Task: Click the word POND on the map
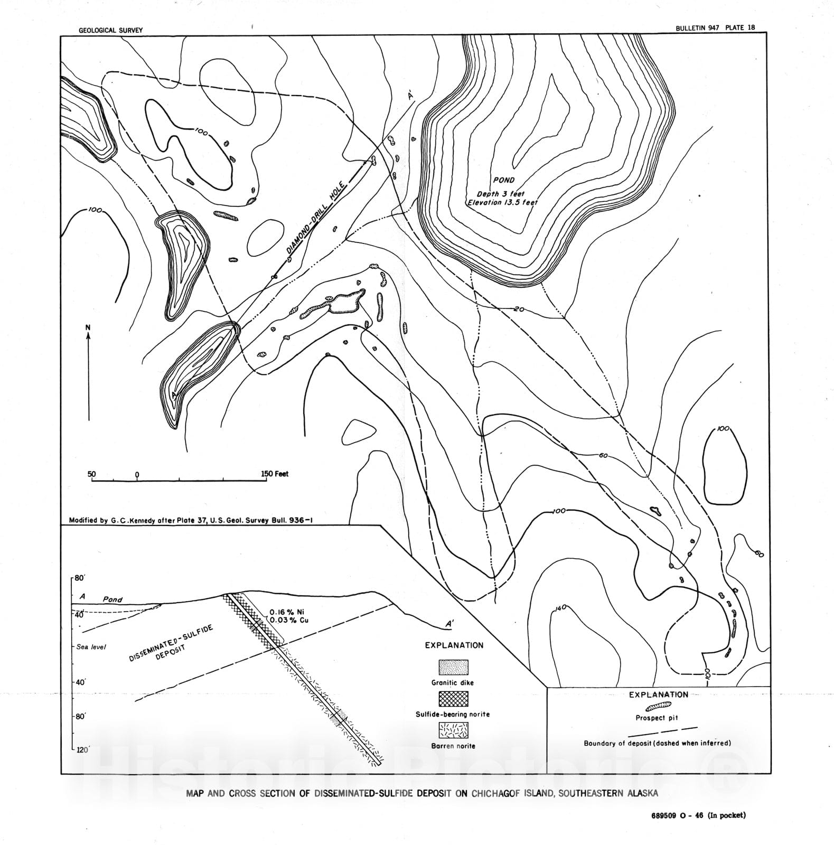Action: point(503,180)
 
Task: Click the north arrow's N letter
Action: point(88,328)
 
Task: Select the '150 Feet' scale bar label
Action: point(275,474)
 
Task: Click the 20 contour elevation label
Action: point(519,309)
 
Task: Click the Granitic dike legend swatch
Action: point(453,667)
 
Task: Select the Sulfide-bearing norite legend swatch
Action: point(453,699)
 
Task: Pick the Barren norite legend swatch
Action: point(453,730)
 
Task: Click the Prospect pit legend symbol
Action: point(657,706)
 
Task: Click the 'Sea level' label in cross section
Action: point(91,647)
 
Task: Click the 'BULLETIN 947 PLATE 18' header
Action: point(715,28)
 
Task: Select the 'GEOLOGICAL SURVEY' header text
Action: point(110,31)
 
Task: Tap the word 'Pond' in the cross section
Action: point(112,599)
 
